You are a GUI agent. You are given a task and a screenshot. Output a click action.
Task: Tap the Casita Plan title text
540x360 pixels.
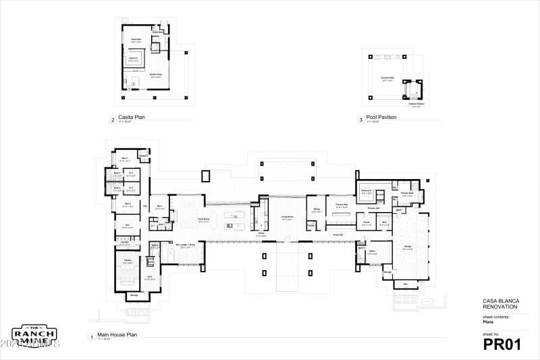132,117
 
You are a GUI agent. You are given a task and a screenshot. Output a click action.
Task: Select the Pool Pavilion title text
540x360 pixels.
381,118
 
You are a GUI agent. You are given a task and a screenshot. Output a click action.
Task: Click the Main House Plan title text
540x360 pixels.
118,334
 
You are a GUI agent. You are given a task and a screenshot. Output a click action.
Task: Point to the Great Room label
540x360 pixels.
202,218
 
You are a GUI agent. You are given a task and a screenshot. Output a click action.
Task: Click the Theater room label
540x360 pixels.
126,259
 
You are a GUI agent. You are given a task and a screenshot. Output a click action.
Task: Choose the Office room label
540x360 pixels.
372,251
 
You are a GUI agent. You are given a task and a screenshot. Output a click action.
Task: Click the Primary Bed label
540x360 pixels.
341,204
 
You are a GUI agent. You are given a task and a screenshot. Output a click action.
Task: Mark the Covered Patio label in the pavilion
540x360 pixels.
387,78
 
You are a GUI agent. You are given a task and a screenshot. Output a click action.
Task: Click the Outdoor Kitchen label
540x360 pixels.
416,104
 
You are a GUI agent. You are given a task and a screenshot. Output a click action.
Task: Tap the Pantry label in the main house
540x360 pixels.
242,235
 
